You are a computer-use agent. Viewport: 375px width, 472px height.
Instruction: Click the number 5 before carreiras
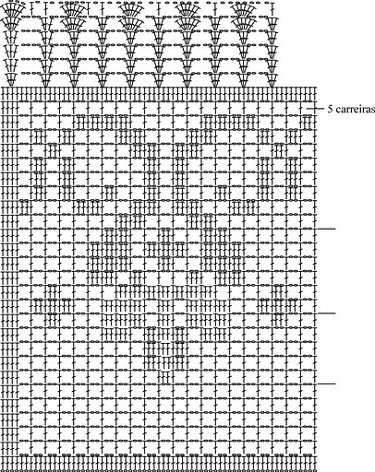tap(330, 109)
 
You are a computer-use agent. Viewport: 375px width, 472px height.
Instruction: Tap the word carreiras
tap(355, 110)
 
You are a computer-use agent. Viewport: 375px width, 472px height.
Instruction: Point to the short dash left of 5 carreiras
tap(316, 109)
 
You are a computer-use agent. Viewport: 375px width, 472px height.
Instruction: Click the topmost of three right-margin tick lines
tap(326, 229)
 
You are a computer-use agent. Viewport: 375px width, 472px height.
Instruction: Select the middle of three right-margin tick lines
tap(326, 313)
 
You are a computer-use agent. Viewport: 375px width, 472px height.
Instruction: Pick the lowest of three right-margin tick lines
tap(326, 383)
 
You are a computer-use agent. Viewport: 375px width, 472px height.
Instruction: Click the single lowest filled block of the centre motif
tap(166, 377)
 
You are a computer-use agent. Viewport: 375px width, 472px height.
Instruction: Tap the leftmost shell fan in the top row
tap(12, 8)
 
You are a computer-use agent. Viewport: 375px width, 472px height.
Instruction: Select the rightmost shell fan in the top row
tap(244, 8)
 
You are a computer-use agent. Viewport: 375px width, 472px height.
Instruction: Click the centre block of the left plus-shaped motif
tap(53, 306)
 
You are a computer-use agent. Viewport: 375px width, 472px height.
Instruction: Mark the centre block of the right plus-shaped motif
tap(279, 306)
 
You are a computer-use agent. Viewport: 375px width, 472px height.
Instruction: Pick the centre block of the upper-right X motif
tap(279, 150)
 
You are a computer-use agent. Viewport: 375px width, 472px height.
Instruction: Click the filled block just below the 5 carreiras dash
tap(308, 123)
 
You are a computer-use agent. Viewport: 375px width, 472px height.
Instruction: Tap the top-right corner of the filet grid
tap(316, 88)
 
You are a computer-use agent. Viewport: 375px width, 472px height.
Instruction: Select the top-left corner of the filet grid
tap(2, 88)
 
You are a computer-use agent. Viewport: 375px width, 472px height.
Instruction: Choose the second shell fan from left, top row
tap(73, 8)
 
